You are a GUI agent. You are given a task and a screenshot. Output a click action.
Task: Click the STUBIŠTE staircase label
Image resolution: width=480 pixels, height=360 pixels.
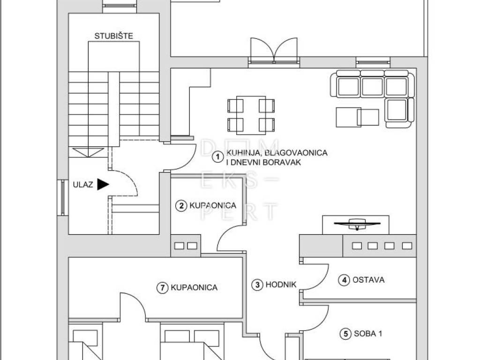[113, 36]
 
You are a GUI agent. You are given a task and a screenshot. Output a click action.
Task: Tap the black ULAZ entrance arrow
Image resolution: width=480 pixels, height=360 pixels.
[103, 184]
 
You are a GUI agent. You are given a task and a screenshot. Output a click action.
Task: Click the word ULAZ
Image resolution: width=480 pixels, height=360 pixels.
[82, 185]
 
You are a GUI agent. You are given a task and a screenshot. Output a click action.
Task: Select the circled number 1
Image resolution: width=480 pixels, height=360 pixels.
[217, 157]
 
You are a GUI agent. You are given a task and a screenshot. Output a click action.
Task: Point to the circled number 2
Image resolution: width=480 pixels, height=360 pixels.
[181, 205]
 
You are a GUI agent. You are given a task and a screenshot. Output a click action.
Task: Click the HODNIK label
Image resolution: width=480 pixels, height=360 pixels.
[281, 285]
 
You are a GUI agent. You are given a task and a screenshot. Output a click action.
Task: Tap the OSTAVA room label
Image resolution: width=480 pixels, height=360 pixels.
[368, 280]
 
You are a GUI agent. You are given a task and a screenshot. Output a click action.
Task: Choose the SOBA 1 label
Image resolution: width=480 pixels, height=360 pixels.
[368, 333]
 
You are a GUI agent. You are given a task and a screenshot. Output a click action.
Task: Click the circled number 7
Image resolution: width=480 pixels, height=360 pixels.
[162, 288]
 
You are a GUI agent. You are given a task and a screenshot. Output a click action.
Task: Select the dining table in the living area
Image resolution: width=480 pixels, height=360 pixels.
[251, 115]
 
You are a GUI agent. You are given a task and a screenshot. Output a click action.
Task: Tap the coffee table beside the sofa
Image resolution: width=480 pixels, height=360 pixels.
[357, 117]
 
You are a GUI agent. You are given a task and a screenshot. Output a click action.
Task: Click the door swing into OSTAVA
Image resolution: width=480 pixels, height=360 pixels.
[315, 277]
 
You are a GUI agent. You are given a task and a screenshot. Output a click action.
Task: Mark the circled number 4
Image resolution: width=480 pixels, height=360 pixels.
[344, 280]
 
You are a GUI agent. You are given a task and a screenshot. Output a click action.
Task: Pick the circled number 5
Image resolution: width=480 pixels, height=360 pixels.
[345, 333]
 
